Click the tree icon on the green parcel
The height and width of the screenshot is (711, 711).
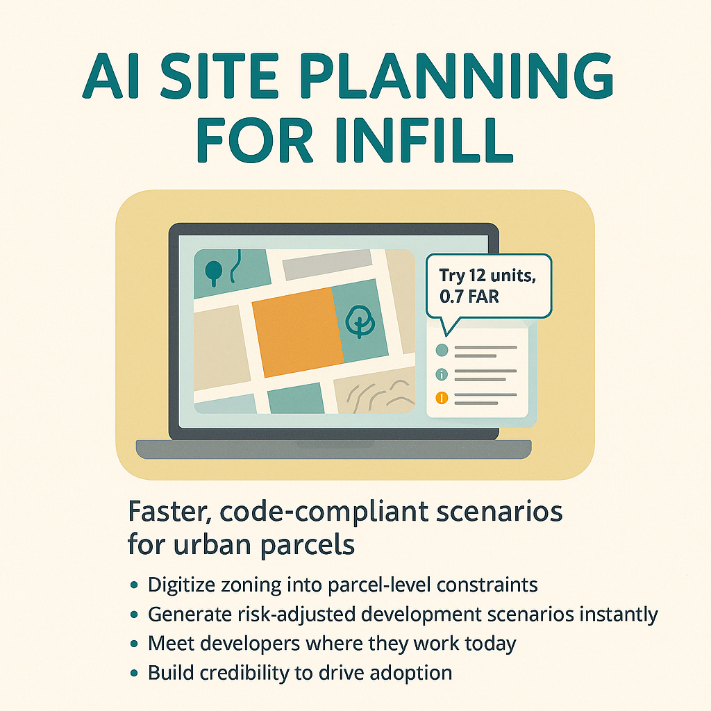[x=360, y=321]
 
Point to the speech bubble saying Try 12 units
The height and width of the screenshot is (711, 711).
[x=490, y=287]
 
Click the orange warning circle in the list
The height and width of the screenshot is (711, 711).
[x=442, y=398]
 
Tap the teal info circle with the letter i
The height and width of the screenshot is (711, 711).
[x=442, y=375]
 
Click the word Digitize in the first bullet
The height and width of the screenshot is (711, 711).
[x=182, y=585]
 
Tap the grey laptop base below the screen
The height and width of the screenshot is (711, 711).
[x=333, y=449]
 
